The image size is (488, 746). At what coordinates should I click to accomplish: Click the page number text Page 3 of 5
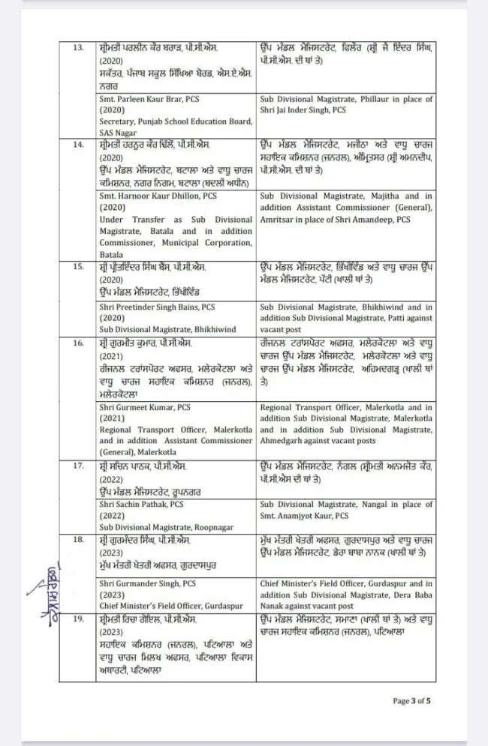[x=411, y=701]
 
